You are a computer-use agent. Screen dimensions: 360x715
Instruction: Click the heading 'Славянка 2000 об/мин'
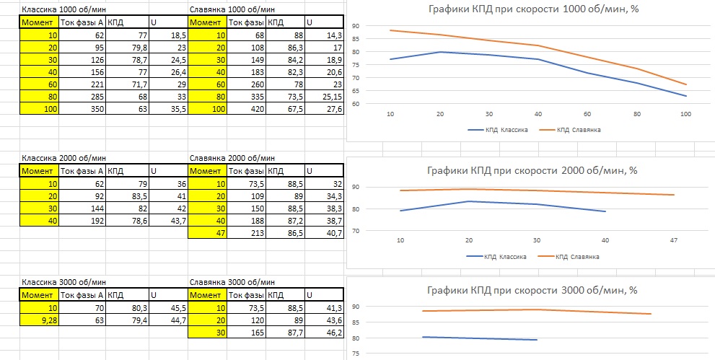point(231,158)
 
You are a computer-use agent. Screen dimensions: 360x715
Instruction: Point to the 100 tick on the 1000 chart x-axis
point(686,114)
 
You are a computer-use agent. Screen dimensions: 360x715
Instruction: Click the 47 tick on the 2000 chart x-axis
point(673,240)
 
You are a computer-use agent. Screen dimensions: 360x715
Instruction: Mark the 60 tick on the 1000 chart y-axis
point(355,104)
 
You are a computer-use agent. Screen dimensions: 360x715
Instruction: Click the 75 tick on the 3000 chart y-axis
point(355,354)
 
